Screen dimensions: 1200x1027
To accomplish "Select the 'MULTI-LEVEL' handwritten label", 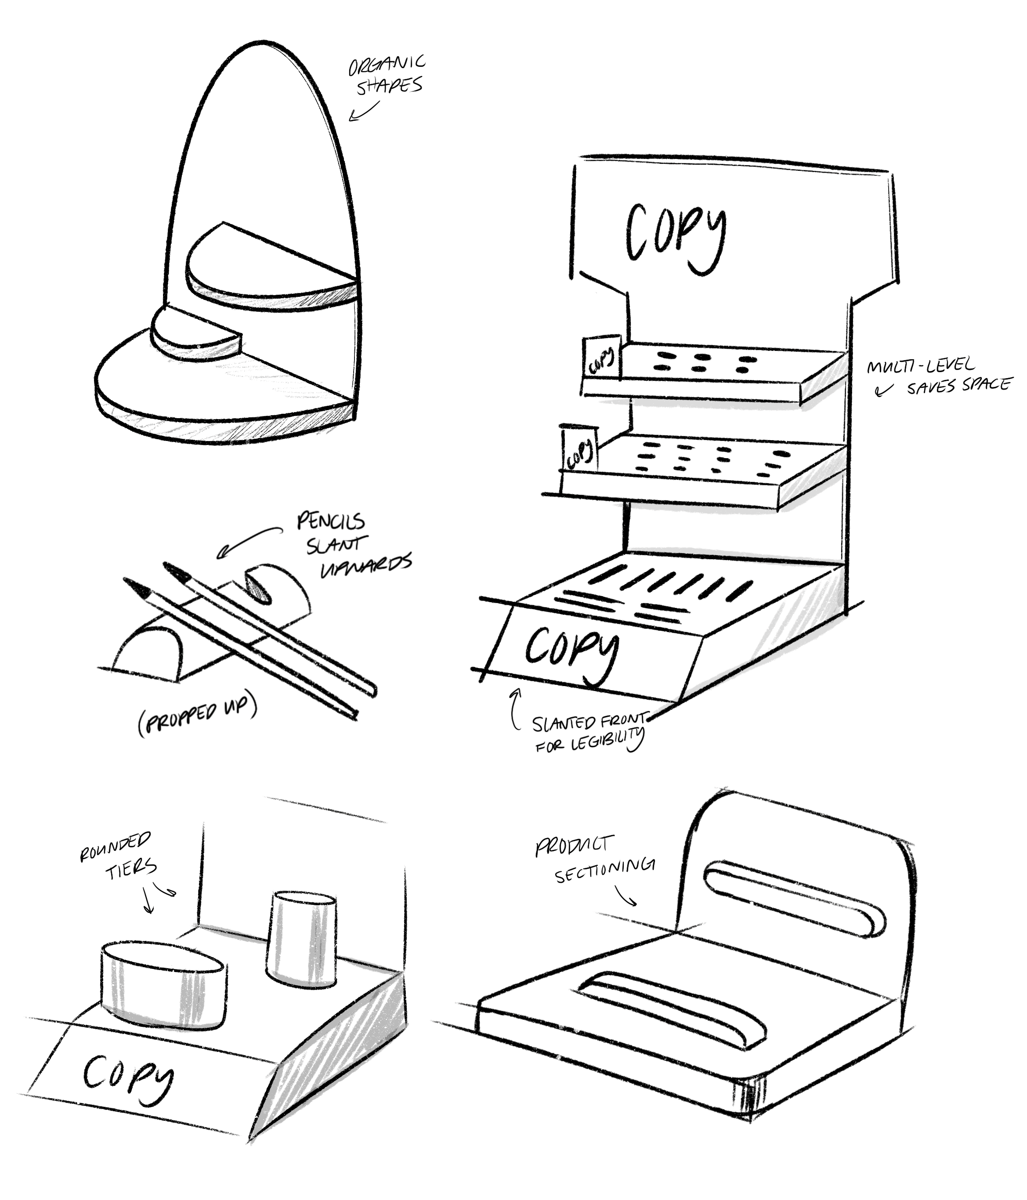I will click(920, 365).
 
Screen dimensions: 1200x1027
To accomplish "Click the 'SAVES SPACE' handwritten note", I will click(958, 385).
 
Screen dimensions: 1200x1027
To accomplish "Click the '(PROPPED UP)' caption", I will click(197, 717).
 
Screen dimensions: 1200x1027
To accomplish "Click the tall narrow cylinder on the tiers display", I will click(302, 938).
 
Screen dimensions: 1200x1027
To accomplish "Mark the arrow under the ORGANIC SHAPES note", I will click(364, 111).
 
